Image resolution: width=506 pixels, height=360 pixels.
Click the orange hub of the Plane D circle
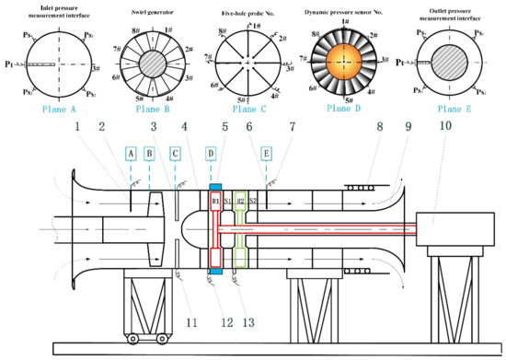pos(345,59)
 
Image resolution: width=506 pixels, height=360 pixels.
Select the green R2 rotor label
pos(241,201)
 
